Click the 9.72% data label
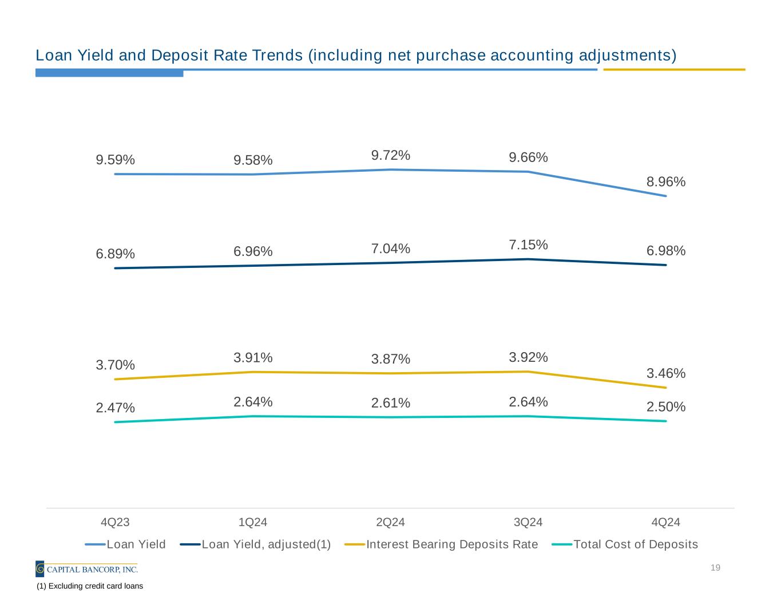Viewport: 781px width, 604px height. [390, 155]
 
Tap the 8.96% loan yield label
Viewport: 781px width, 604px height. [666, 181]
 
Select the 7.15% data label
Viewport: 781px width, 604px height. [528, 245]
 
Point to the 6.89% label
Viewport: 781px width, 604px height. [115, 254]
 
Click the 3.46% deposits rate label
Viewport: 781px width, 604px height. [666, 373]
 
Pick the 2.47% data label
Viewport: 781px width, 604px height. [115, 408]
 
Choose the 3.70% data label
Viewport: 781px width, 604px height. [115, 365]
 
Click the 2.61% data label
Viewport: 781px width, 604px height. [390, 403]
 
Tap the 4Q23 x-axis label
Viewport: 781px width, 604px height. [115, 522]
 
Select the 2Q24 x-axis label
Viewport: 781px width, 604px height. [390, 522]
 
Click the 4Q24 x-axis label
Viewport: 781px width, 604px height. [666, 522]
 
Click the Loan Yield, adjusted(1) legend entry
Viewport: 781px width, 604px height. [266, 544]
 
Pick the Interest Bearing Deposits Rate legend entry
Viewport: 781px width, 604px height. [452, 544]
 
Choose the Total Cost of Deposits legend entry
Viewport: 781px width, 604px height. [635, 544]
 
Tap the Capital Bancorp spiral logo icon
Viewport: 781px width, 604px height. [40, 569]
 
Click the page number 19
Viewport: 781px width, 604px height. [715, 568]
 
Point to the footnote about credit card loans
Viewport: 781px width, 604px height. [90, 586]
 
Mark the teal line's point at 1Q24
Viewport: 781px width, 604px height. [253, 416]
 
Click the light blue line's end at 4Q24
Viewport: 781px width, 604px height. [665, 196]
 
